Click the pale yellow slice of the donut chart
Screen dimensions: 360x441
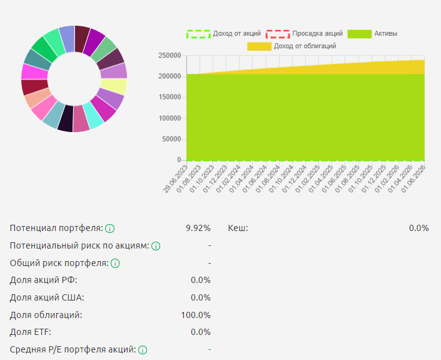(113, 86)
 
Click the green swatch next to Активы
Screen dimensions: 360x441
(360, 33)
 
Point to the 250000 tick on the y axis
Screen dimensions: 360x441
(170, 56)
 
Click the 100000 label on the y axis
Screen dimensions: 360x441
(170, 118)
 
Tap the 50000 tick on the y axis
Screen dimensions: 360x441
(171, 139)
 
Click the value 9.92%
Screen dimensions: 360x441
(198, 228)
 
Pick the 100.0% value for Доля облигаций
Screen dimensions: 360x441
(196, 315)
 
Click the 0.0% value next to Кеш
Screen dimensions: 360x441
(418, 228)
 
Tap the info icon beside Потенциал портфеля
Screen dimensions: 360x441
(109, 229)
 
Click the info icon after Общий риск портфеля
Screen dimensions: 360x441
(114, 264)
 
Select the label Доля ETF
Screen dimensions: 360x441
(31, 332)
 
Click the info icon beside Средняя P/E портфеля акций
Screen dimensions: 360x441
(143, 350)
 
